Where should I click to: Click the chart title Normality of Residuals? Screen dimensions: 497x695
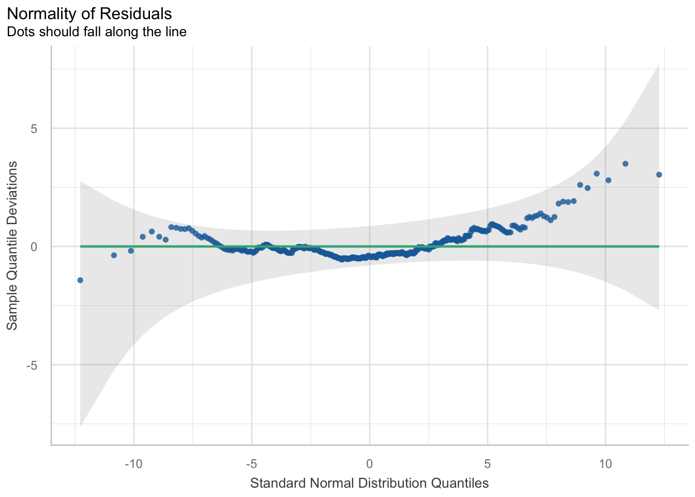(89, 13)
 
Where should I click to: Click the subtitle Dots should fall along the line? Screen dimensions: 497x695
(96, 32)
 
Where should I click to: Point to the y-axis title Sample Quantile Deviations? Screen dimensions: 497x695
(12, 246)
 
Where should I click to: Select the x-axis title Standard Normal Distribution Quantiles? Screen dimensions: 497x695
(369, 484)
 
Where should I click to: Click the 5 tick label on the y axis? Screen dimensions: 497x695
(34, 128)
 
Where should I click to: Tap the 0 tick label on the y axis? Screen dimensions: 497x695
(34, 246)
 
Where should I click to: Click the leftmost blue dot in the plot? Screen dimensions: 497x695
(80, 280)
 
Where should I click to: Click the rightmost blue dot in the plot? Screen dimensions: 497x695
(659, 174)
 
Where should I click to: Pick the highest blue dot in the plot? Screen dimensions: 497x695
(625, 164)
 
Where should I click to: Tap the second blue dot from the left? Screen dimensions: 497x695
(114, 255)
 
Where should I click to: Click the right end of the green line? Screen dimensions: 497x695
(659, 246)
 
